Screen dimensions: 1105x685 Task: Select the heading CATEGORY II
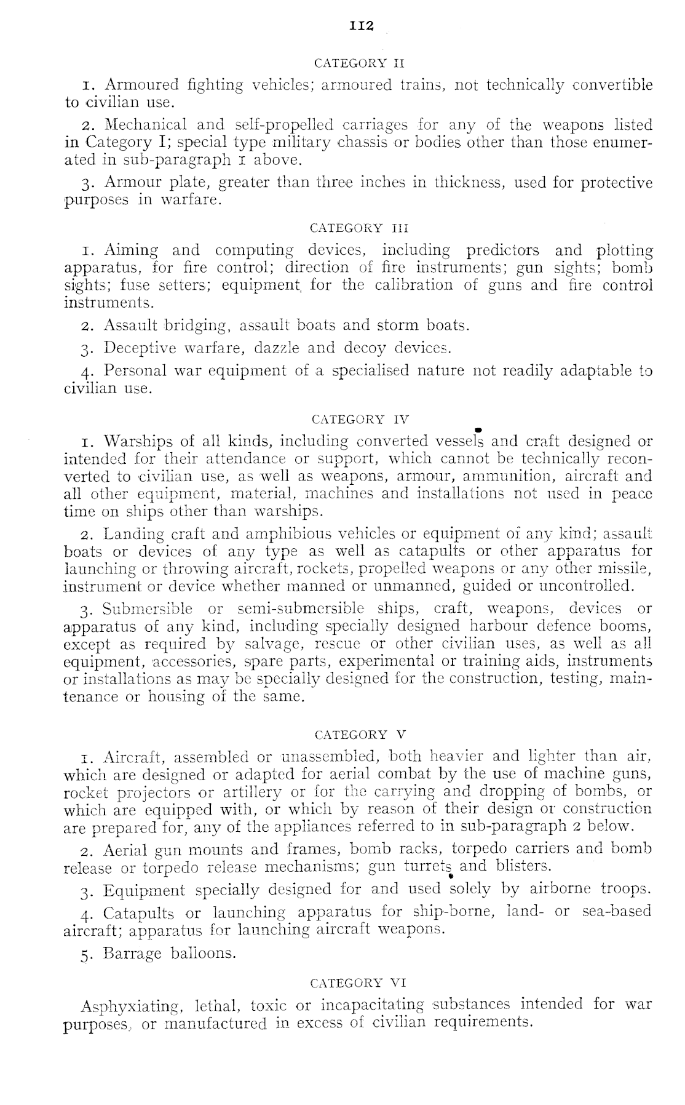[359, 63]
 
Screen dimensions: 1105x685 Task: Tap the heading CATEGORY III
[359, 228]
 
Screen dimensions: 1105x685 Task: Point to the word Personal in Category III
[135, 371]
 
